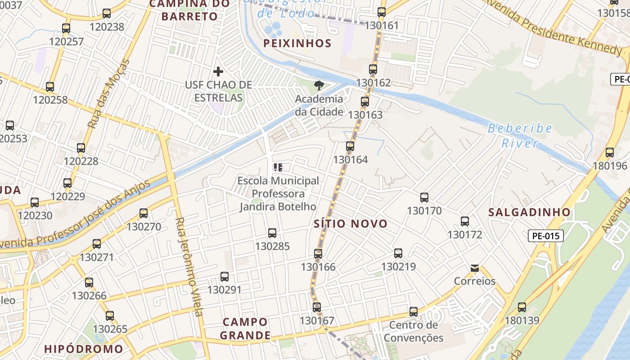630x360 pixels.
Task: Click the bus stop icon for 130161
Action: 382,12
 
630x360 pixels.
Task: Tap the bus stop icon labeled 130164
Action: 350,146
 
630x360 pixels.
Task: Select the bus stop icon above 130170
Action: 424,197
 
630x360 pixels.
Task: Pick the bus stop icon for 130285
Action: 272,233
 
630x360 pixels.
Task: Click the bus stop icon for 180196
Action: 610,152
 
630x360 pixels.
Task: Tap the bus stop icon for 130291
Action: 225,277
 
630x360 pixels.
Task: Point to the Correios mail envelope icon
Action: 474,268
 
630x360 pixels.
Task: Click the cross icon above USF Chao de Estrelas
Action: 218,72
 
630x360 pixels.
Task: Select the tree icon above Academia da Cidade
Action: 319,85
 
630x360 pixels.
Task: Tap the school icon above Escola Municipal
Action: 278,167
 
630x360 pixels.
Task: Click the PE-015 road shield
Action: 545,236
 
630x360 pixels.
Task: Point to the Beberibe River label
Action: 520,135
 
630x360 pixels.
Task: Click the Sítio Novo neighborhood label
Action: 351,224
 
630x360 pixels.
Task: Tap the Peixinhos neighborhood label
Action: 297,43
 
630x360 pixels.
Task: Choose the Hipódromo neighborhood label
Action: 84,349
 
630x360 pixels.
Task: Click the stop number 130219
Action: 399,266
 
